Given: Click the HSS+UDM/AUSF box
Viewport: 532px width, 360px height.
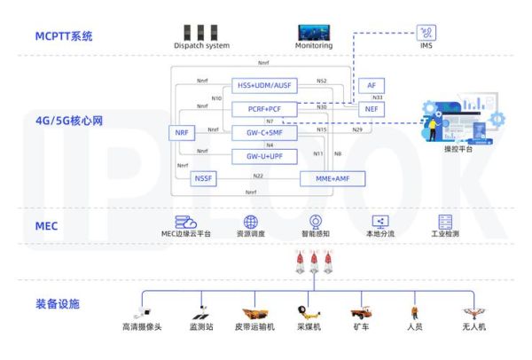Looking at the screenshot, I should [263, 86].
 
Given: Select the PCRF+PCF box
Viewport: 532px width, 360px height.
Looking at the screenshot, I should [263, 108].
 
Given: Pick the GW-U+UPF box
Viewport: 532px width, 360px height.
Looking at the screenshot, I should [263, 154].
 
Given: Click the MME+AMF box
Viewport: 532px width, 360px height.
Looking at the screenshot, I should [332, 178].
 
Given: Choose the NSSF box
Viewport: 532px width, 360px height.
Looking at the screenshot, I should [204, 178].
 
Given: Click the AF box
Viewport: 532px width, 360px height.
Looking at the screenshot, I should [371, 85].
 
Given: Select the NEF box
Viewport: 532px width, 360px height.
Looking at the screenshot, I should [371, 108].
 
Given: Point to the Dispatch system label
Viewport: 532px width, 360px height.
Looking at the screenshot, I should [201, 45].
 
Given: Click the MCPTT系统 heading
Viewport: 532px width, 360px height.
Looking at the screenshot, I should [64, 37].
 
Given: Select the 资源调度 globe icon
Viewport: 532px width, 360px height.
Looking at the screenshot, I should [251, 222].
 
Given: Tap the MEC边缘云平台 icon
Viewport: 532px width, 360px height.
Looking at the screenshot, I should [185, 222].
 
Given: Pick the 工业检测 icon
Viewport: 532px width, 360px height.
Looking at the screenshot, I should [445, 222].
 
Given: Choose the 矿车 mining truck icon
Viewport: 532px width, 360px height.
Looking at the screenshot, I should [361, 312].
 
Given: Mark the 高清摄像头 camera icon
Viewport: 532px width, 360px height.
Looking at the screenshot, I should [142, 312].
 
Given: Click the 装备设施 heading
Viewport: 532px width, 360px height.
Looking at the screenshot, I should [57, 304].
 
